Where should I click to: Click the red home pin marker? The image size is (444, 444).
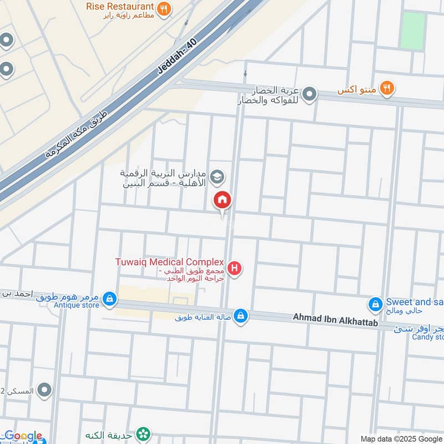tap(223, 200)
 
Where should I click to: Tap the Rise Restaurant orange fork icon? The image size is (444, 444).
tap(163, 8)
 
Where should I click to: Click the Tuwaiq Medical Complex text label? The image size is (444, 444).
tap(169, 262)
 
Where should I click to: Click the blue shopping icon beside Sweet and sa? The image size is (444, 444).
tap(376, 304)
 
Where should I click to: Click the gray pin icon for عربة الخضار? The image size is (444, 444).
tap(310, 94)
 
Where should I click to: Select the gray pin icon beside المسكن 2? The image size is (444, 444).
tap(46, 391)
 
